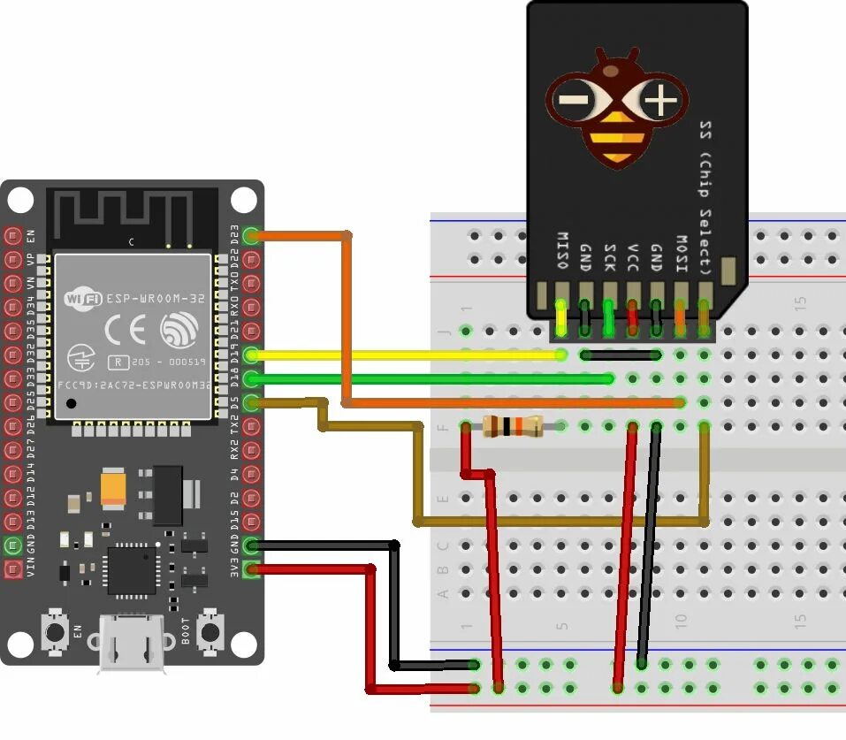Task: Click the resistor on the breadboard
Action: pos(514,426)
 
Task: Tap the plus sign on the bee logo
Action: pos(660,101)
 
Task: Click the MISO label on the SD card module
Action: pos(561,250)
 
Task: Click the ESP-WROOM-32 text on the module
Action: pos(156,299)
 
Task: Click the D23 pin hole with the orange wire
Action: pos(251,236)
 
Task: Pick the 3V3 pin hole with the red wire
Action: pos(251,569)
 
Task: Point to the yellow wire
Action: pos(407,355)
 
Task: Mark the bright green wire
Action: pos(433,378)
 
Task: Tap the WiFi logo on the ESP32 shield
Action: pos(83,299)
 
